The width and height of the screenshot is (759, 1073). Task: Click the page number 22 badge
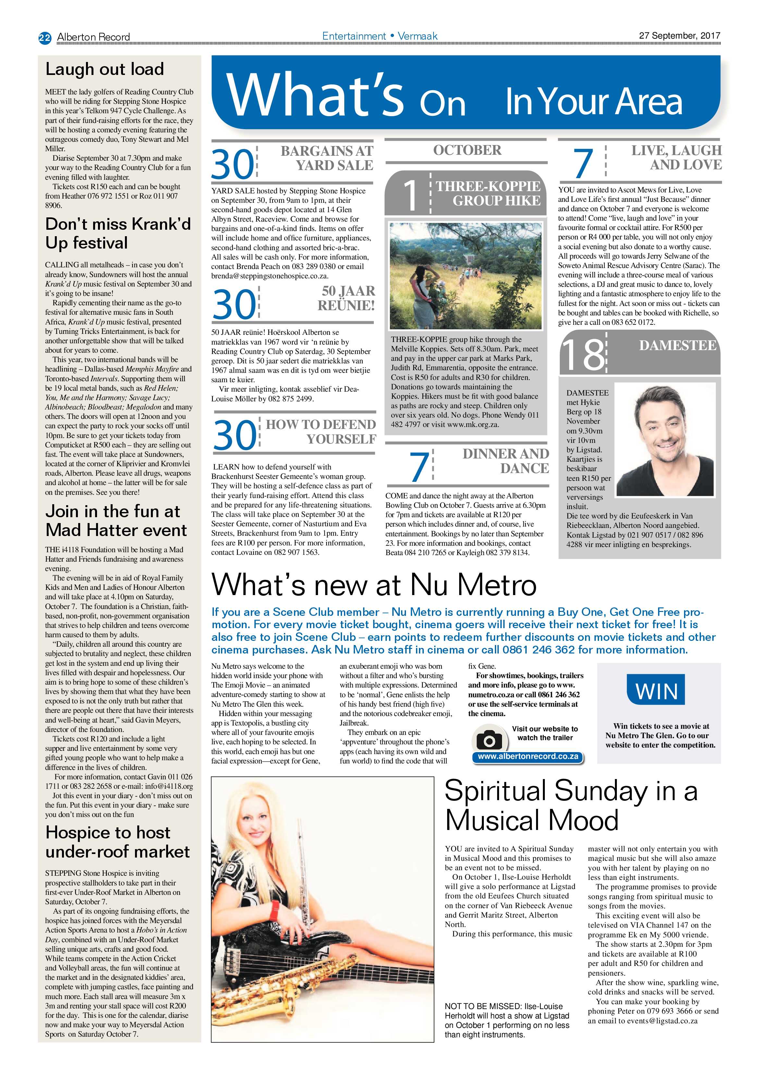[44, 37]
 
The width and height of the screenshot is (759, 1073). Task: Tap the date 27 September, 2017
[679, 35]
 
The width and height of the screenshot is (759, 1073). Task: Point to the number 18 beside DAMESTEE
[582, 354]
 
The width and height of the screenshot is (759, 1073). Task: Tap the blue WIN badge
[656, 689]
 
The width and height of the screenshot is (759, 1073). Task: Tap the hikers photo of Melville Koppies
[466, 276]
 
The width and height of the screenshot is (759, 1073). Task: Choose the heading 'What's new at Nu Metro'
[374, 585]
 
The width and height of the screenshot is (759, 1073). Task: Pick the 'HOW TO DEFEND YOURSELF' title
[321, 431]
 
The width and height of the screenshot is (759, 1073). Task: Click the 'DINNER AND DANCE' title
[506, 461]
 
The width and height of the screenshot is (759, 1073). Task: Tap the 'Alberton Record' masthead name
[93, 37]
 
